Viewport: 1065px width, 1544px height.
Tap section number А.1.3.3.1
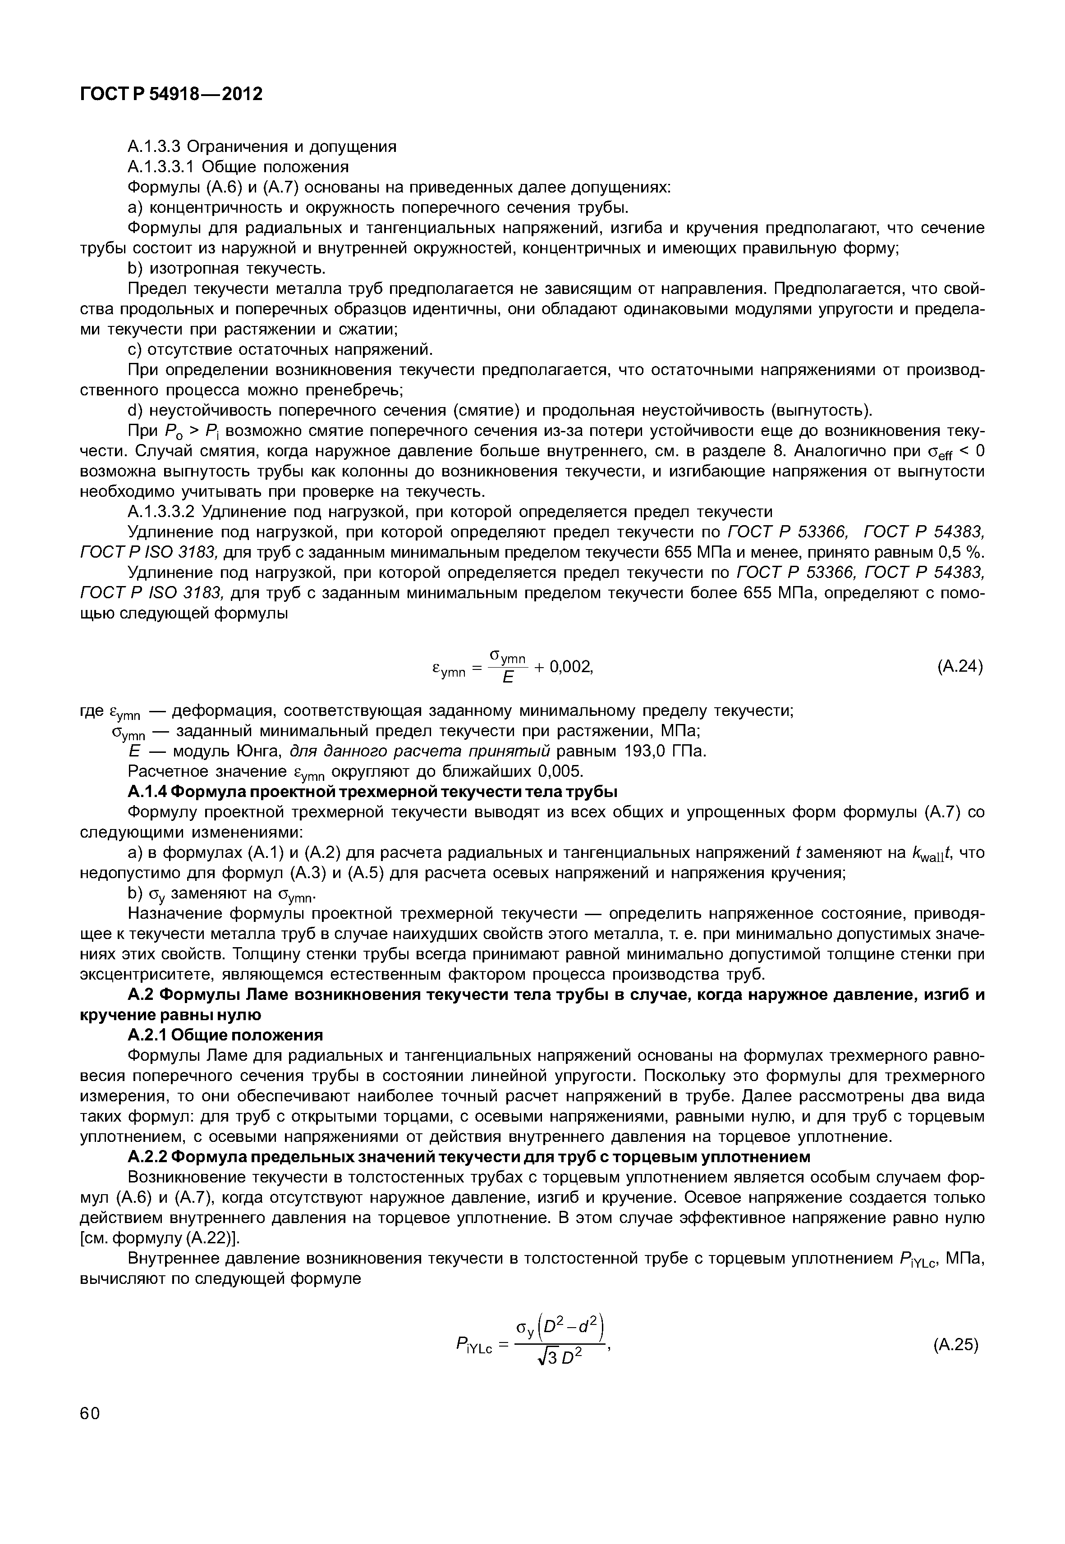[164, 166]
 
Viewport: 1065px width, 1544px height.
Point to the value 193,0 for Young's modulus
[646, 751]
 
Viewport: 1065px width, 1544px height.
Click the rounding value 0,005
[561, 772]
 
